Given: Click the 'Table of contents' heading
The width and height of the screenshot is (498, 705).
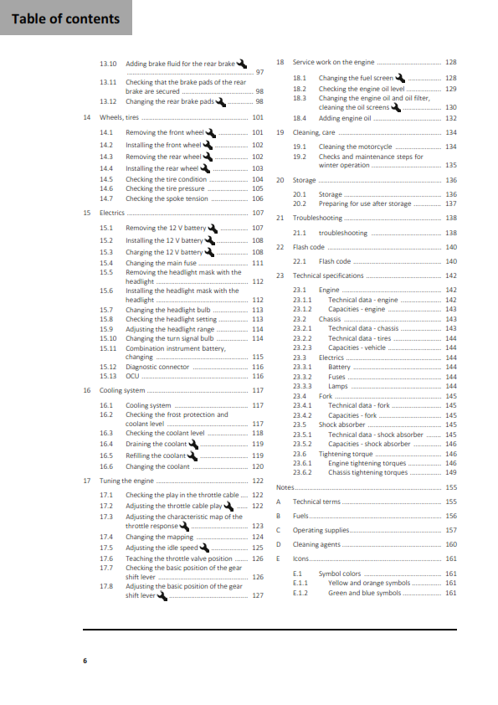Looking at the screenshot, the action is click(x=65, y=18).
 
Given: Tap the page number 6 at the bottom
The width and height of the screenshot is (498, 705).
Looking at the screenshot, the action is click(x=85, y=661).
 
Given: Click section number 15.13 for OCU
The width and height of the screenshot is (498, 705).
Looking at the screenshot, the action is click(x=108, y=376).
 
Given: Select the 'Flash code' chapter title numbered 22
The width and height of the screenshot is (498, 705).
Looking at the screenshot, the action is click(x=308, y=247).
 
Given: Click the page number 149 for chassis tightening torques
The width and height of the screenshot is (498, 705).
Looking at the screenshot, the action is click(x=450, y=472).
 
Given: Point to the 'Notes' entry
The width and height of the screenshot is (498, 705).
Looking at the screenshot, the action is click(x=285, y=486).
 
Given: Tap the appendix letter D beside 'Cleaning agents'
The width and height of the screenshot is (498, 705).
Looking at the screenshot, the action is click(x=277, y=544).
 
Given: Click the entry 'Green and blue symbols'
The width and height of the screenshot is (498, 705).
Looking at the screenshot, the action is click(x=364, y=593).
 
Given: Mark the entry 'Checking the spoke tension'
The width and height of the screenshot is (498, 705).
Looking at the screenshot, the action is click(x=167, y=198).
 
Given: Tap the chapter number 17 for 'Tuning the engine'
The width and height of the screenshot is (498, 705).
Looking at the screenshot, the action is click(x=87, y=481).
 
